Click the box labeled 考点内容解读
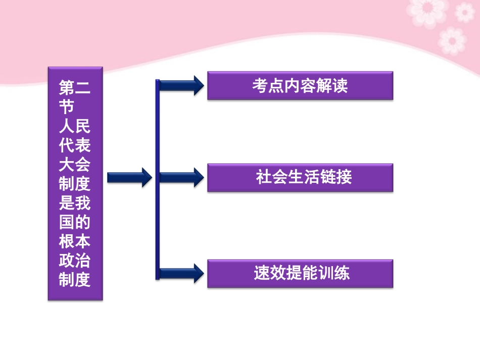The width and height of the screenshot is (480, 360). pos(300,86)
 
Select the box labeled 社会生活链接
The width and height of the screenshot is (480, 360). pos(300,177)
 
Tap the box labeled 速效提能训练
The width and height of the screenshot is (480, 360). pos(300,273)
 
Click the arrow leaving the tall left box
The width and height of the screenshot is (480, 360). pos(129,177)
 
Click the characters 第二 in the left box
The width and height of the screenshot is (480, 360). pos(75,89)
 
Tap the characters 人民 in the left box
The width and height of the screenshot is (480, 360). pos(75,127)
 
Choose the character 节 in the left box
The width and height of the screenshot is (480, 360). pos(67,108)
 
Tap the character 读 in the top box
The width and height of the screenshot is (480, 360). pos(341,86)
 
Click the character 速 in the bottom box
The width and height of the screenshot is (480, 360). pos(261,273)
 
